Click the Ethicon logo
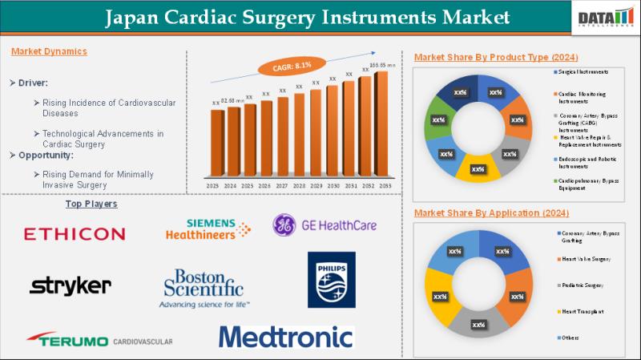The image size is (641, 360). click(x=75, y=234)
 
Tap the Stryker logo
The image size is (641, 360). click(x=70, y=285)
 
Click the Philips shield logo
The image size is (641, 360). click(x=331, y=280)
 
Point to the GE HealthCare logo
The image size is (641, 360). click(x=325, y=225)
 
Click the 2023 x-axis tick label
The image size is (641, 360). click(x=214, y=185)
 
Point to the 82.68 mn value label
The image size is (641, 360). click(x=232, y=100)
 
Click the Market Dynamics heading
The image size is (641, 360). click(x=50, y=51)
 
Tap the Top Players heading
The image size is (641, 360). click(x=91, y=204)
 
